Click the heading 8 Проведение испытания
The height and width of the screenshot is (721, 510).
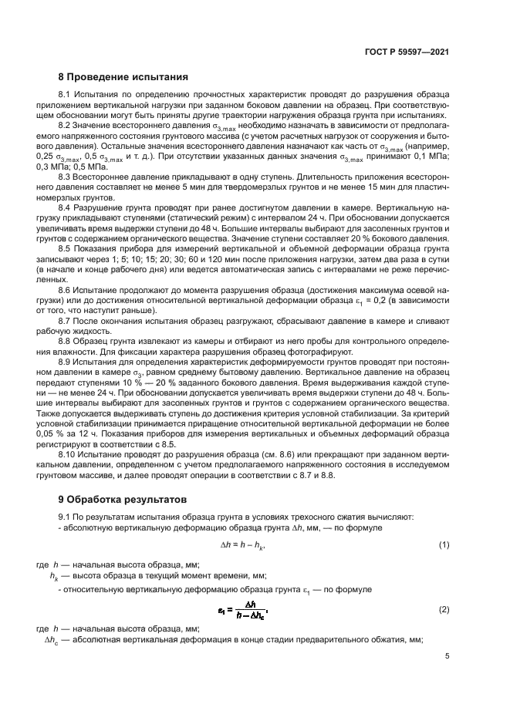123,77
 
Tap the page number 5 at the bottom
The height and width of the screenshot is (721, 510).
447,656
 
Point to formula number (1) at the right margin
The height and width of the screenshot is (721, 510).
444,545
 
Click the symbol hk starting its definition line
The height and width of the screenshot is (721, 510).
54,575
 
